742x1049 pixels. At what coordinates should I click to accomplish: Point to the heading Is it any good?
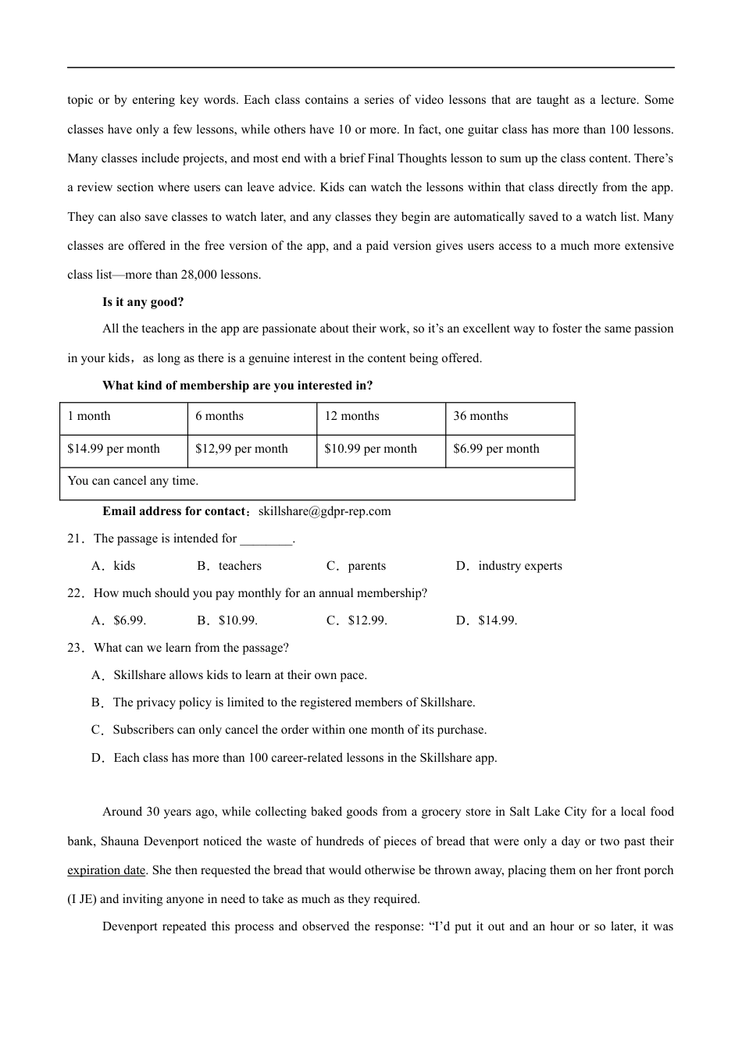[x=143, y=302]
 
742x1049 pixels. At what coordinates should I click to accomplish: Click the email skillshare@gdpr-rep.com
[x=324, y=512]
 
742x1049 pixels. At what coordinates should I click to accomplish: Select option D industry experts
[x=509, y=567]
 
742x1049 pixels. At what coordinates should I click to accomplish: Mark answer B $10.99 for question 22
[x=227, y=621]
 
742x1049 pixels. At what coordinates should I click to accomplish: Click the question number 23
[x=75, y=649]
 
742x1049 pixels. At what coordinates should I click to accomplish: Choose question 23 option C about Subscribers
[x=289, y=731]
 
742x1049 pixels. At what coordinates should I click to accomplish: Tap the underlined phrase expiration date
[x=106, y=871]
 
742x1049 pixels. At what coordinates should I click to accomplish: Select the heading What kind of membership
[x=237, y=386]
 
